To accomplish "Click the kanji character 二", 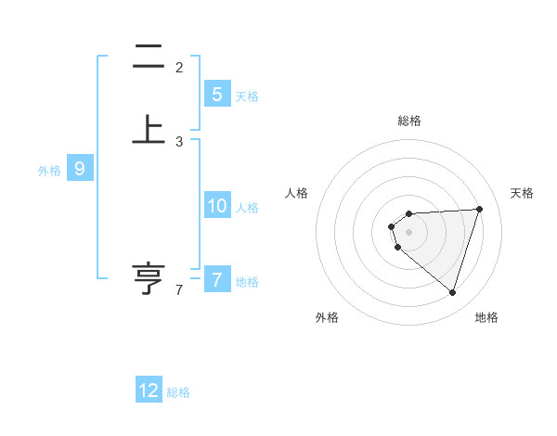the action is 149,58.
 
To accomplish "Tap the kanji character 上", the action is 149,130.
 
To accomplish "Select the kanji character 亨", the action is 149,278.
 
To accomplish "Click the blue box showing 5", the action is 216,94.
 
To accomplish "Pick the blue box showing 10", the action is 216,206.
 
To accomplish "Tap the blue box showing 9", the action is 80,169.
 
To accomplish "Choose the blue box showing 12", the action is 149,391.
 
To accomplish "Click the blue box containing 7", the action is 216,279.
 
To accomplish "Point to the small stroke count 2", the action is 179,67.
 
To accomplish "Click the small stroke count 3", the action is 179,142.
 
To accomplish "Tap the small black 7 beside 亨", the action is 179,291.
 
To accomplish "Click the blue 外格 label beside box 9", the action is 49,171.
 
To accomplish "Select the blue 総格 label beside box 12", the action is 178,392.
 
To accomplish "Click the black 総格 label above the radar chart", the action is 409,121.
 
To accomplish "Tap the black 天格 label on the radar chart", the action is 522,193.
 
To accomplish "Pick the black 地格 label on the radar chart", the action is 486,317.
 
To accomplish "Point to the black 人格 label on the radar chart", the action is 297,193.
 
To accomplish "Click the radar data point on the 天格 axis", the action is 480,209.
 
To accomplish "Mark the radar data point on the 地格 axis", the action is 452,292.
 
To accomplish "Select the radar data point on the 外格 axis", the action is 398,248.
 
